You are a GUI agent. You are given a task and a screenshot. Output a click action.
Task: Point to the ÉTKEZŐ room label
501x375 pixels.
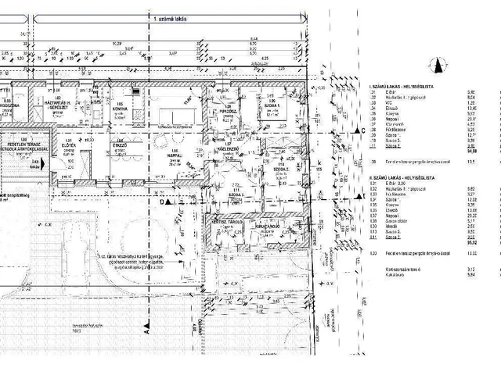(120, 145)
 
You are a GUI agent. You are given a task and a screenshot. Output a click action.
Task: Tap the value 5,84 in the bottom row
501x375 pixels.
(470, 275)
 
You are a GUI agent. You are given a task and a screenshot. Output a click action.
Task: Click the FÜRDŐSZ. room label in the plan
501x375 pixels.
(229, 109)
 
